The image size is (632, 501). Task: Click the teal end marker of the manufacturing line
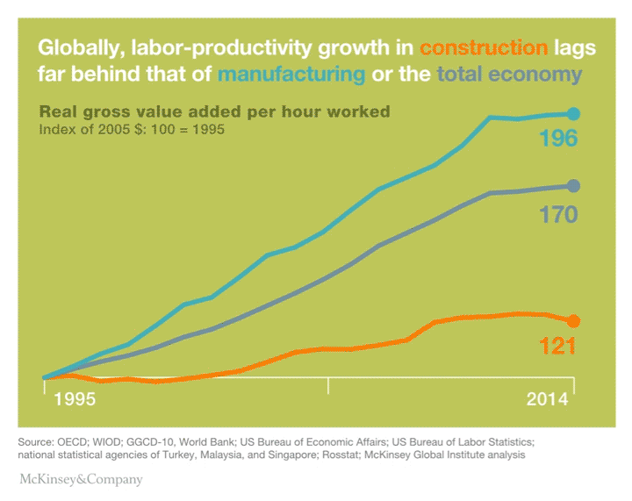(574, 113)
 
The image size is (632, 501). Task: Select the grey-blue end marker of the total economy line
(574, 185)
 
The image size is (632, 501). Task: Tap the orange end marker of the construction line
(574, 320)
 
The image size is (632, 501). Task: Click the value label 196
(558, 139)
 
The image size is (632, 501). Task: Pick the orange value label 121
(557, 347)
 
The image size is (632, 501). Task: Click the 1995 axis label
(75, 399)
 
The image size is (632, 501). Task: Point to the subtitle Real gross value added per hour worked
(215, 112)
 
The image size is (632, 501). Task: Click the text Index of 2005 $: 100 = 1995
(133, 130)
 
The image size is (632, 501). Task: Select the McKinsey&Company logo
(81, 480)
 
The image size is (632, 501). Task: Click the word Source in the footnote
(35, 440)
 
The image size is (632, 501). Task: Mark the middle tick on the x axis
(328, 385)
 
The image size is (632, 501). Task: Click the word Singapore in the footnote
(319, 455)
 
